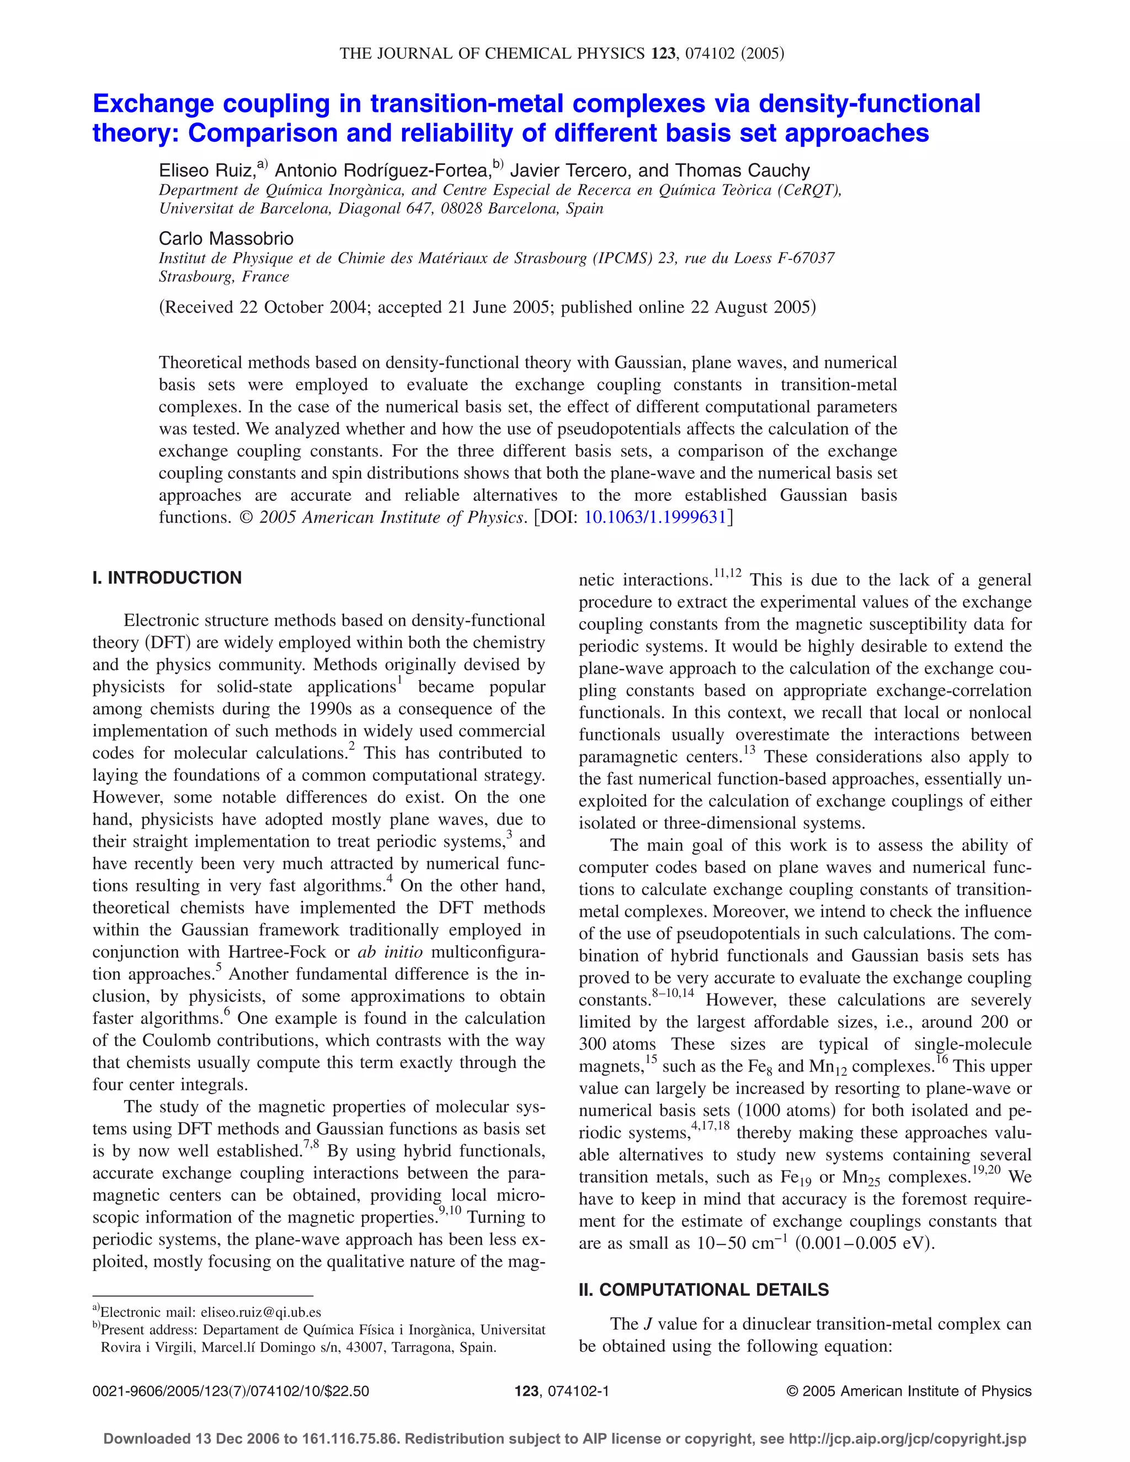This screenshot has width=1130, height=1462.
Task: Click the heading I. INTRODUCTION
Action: point(167,578)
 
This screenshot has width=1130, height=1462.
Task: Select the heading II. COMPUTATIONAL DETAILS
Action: point(703,1290)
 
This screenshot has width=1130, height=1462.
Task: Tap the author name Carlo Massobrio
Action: point(226,238)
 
